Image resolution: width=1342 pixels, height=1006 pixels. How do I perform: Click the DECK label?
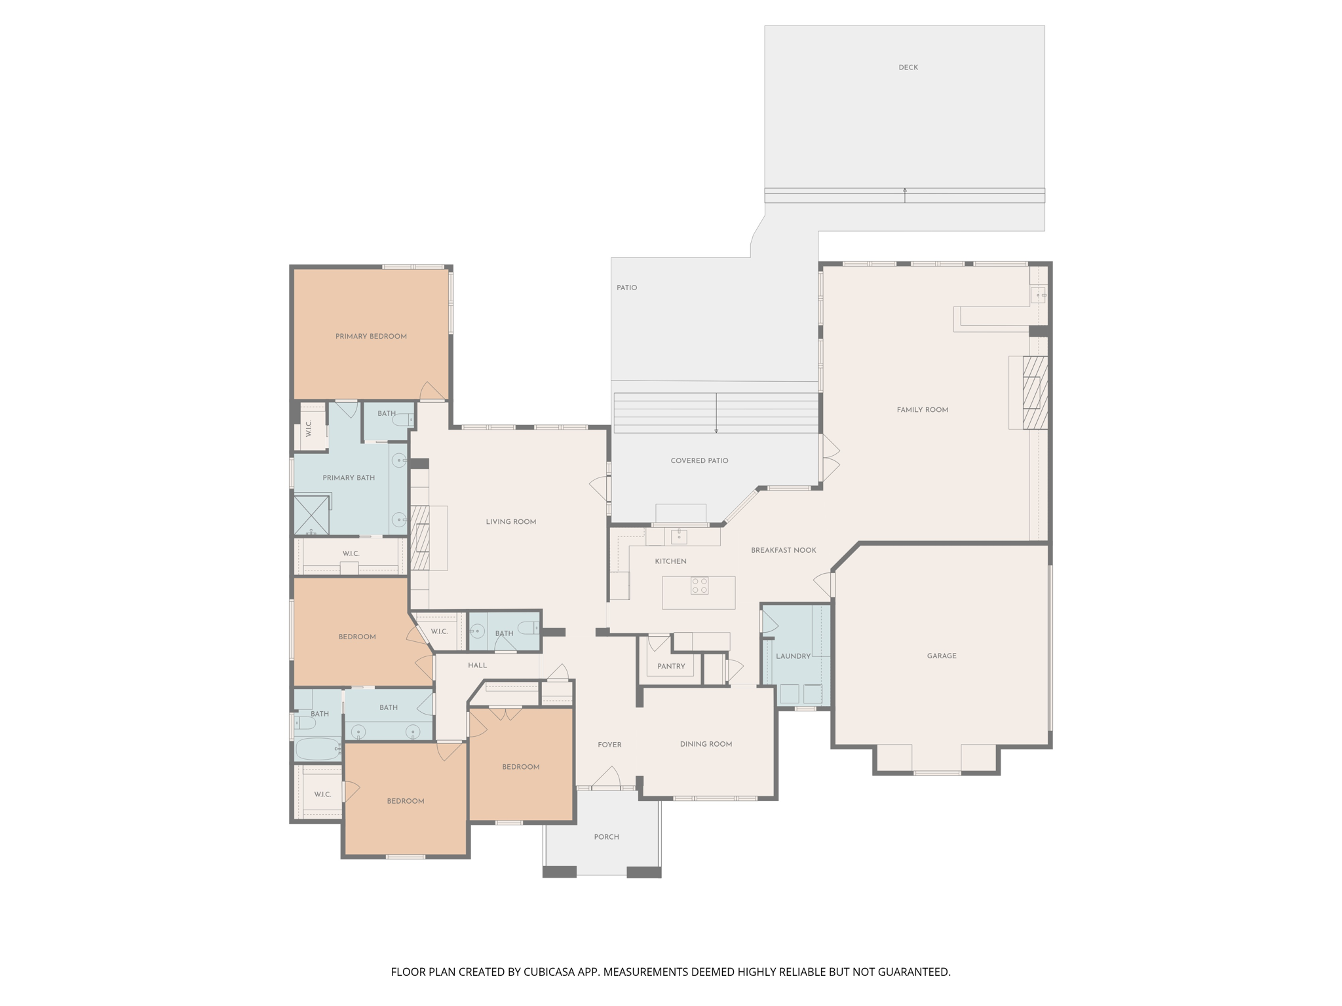click(x=908, y=67)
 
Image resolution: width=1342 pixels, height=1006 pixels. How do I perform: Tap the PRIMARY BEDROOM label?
click(x=371, y=336)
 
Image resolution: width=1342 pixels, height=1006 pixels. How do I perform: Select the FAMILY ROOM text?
click(x=922, y=410)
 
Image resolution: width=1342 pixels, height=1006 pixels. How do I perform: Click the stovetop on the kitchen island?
click(x=699, y=586)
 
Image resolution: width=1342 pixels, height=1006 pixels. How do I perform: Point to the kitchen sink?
click(x=679, y=537)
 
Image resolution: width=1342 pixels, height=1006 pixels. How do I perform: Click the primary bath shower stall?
click(x=311, y=515)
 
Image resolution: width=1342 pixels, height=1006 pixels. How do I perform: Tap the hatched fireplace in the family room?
click(x=1035, y=392)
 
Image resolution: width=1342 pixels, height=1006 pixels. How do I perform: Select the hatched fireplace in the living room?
click(x=420, y=537)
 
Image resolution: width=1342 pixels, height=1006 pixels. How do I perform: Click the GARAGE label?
click(x=941, y=656)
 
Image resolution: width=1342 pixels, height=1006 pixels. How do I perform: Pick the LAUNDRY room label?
click(x=793, y=656)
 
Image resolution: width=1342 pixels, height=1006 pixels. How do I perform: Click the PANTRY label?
click(x=671, y=666)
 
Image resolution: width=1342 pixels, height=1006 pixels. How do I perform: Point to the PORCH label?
click(x=606, y=837)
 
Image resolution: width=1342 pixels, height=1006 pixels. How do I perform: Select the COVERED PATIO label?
click(x=699, y=460)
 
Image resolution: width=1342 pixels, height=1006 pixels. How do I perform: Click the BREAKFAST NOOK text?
click(x=783, y=550)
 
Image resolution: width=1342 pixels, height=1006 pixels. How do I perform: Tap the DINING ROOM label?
click(x=706, y=744)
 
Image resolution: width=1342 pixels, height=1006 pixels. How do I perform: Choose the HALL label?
click(x=477, y=665)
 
